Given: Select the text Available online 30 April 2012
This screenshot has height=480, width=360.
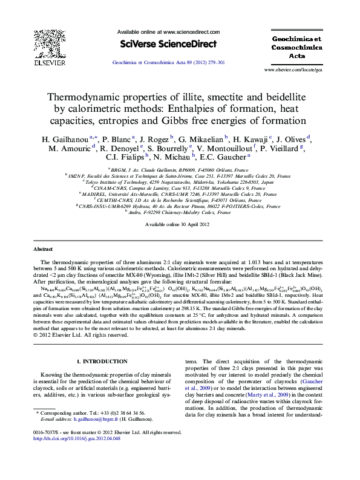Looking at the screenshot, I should coord(177,225).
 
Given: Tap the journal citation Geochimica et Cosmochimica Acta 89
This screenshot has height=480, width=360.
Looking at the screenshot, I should coord(169,62).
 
